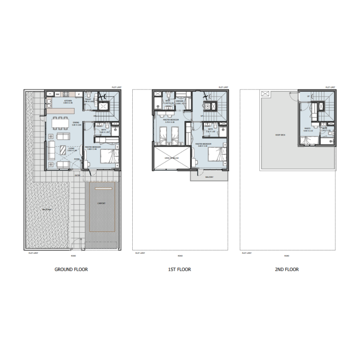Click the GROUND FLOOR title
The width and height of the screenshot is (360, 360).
[71, 270]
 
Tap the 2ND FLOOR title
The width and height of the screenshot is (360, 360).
[287, 270]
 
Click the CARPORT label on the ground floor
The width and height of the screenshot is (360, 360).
[102, 203]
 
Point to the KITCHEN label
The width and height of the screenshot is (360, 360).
[68, 101]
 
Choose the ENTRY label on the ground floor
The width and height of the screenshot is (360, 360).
[78, 175]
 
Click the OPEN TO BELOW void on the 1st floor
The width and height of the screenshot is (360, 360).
[172, 158]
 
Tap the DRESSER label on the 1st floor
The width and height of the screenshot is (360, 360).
[179, 101]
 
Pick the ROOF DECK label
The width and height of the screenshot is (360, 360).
[280, 135]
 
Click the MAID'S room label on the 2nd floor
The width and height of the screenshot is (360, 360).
[308, 128]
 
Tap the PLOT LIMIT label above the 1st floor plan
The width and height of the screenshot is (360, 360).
[224, 87]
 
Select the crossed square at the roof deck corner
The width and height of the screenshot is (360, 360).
[264, 94]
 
